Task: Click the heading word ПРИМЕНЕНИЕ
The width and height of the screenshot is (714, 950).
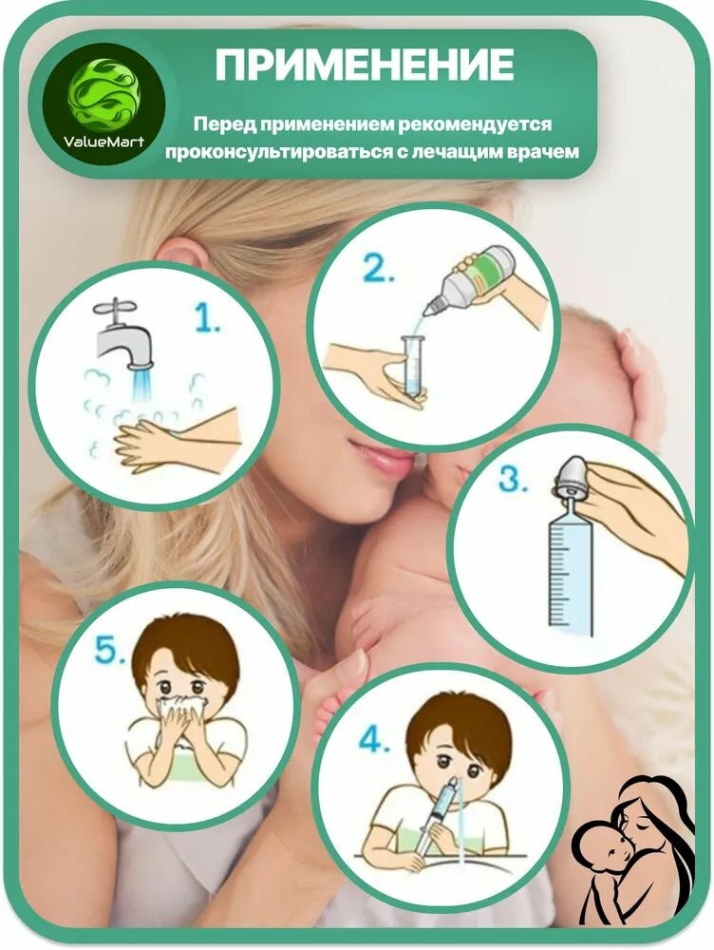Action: pyautogui.click(x=365, y=65)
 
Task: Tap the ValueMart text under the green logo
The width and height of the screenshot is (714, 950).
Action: pyautogui.click(x=104, y=142)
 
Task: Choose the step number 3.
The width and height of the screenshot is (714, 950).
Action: pyautogui.click(x=513, y=479)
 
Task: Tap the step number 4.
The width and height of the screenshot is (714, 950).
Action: pyautogui.click(x=374, y=739)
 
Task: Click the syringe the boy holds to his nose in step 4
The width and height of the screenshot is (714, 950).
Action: pyautogui.click(x=438, y=815)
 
